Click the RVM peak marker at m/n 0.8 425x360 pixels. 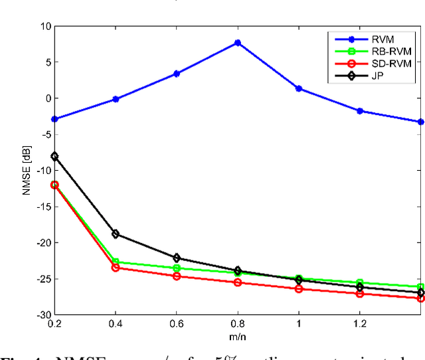[x=238, y=43]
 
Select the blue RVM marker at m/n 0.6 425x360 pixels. [x=177, y=74]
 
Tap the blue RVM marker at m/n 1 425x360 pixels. [x=299, y=88]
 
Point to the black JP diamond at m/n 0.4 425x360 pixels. [x=116, y=234]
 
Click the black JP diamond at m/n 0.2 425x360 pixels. [x=54, y=156]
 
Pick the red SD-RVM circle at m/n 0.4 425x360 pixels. [x=116, y=268]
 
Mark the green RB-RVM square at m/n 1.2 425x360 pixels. [x=360, y=283]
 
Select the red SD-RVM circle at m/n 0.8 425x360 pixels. [x=238, y=282]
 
